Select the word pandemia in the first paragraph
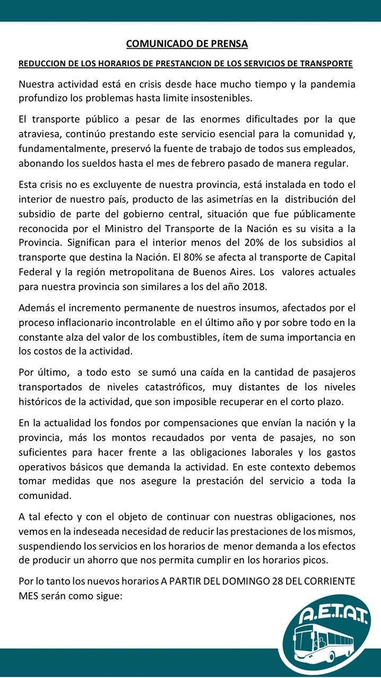click(x=335, y=85)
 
